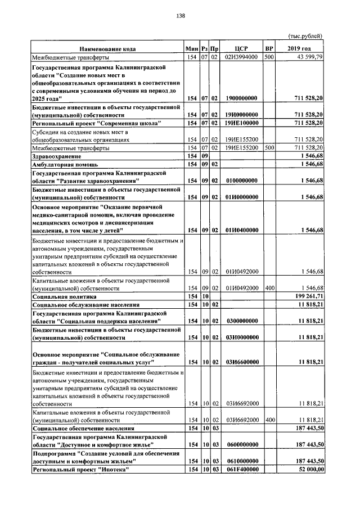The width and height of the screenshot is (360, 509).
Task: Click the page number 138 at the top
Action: coord(181,16)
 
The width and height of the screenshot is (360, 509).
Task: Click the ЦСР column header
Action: coord(241,48)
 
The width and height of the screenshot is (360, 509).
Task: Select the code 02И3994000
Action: coord(241,57)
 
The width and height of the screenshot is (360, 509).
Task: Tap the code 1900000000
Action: coord(241,98)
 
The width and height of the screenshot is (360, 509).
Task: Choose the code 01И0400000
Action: coord(241,230)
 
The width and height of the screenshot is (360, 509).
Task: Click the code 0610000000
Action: coord(241,461)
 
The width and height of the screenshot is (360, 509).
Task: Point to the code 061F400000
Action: coord(241,470)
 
